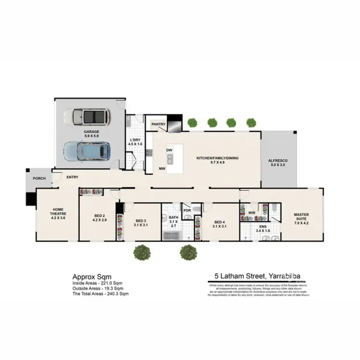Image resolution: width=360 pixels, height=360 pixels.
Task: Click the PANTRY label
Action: point(158,125)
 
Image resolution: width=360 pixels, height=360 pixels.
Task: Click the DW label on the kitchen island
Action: point(169,150)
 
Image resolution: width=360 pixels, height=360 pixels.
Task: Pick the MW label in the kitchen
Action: point(163,169)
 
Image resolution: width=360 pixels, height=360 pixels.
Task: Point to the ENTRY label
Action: point(72,177)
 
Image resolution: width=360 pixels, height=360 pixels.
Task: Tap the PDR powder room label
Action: point(187,210)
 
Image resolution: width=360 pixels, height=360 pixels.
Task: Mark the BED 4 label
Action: point(219,222)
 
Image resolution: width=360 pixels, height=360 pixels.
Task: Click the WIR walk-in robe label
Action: point(252,212)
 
